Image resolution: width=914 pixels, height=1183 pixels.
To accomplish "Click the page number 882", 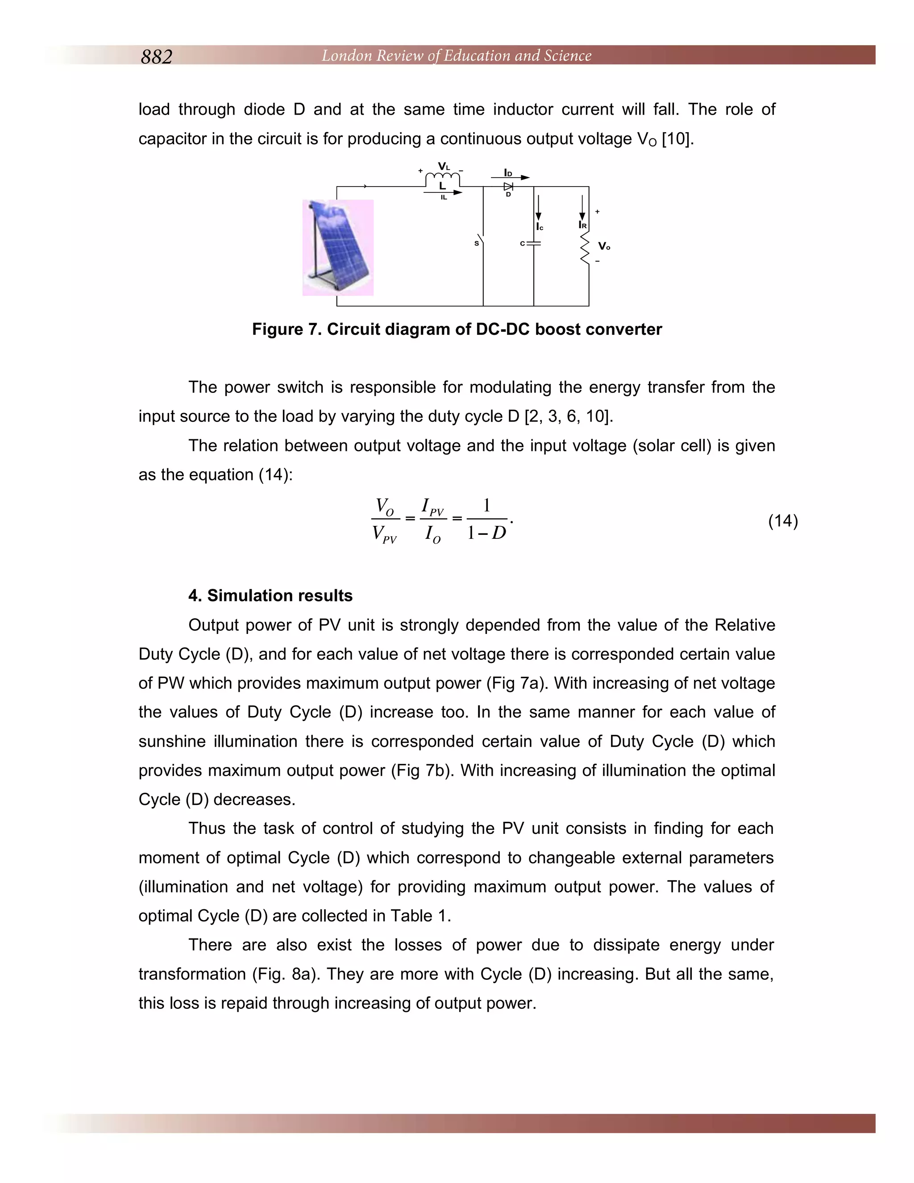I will coord(157,57).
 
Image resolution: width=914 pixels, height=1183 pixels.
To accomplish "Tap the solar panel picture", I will coord(338,248).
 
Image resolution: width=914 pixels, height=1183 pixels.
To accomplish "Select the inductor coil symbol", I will coord(442,178).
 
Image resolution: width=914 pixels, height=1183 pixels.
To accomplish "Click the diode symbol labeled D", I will coord(508,186).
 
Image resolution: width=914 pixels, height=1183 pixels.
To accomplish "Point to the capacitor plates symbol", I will coord(534,243).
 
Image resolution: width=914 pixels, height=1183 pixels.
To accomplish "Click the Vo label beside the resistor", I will coord(604,246).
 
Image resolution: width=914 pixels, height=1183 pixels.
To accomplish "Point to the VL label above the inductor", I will coord(444,167).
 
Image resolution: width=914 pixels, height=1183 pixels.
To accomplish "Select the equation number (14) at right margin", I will coord(782,521).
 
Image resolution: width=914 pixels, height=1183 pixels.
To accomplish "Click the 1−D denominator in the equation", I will coord(486,533).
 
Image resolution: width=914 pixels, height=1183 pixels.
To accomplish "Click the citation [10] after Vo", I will coord(677,139).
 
